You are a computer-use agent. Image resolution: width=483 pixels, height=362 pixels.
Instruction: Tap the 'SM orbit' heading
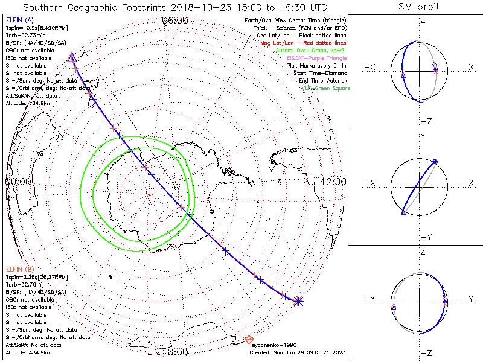(x=419, y=7)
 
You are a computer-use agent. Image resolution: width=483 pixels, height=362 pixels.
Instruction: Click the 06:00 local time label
(x=176, y=21)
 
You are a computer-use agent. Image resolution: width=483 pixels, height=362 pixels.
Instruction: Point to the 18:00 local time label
(x=176, y=352)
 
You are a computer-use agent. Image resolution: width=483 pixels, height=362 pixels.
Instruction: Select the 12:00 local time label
(x=333, y=182)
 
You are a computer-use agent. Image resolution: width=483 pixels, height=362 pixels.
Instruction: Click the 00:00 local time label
(x=18, y=181)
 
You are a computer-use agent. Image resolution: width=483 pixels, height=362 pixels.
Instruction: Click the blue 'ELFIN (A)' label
(x=20, y=20)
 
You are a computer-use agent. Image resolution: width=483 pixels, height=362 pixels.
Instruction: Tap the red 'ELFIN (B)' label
(x=20, y=268)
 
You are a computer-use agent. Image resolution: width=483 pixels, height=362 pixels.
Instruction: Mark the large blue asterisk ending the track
(x=298, y=300)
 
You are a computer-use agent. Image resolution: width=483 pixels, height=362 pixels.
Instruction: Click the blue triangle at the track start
(x=72, y=57)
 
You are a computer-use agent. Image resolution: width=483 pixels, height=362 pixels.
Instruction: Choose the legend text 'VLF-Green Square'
(x=326, y=89)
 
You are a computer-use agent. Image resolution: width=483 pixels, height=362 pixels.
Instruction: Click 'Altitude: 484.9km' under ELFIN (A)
(x=28, y=103)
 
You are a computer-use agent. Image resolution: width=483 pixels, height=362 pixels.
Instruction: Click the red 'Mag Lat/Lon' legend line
(x=319, y=43)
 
